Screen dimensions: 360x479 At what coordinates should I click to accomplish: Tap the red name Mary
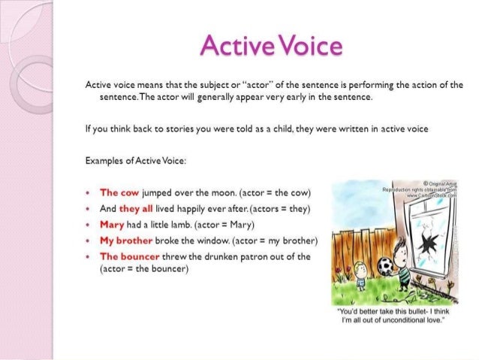113,225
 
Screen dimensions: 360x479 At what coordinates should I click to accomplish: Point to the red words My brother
127,241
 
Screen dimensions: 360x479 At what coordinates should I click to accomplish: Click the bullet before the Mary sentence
90,225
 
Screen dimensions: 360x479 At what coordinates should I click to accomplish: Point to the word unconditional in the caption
404,320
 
